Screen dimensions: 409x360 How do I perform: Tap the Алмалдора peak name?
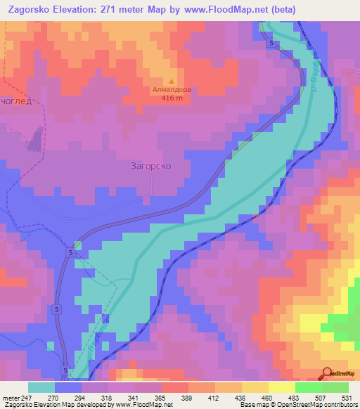coord(172,90)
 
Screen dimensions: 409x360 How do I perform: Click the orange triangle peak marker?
coord(172,82)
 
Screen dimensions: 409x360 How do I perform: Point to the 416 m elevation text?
coord(172,98)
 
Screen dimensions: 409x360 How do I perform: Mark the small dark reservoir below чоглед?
coord(34,143)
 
